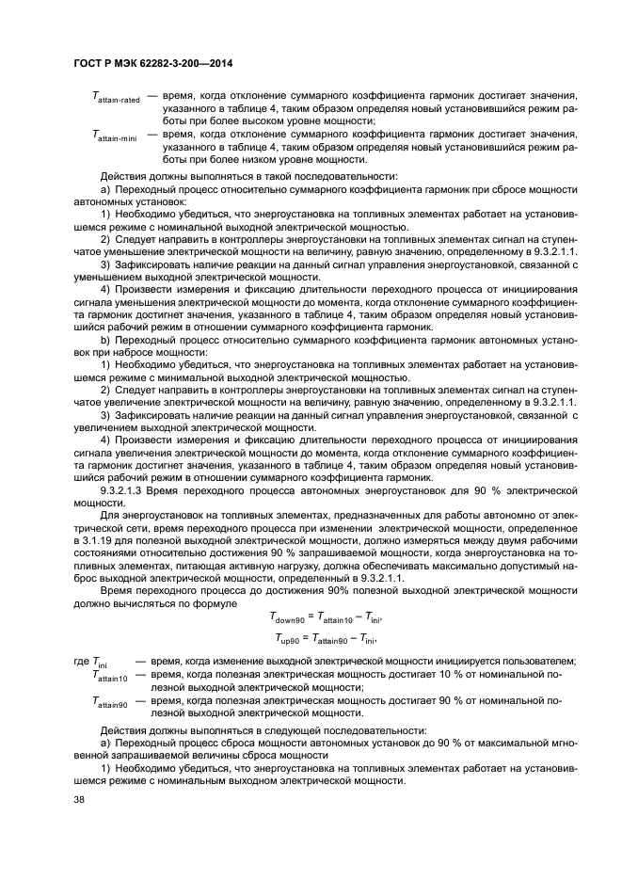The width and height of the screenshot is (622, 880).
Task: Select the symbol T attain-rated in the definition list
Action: (x=116, y=97)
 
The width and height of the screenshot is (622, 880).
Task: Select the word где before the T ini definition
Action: (x=82, y=661)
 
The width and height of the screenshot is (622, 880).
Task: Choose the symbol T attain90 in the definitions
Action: (x=111, y=702)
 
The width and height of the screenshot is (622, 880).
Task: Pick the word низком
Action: (x=272, y=160)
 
